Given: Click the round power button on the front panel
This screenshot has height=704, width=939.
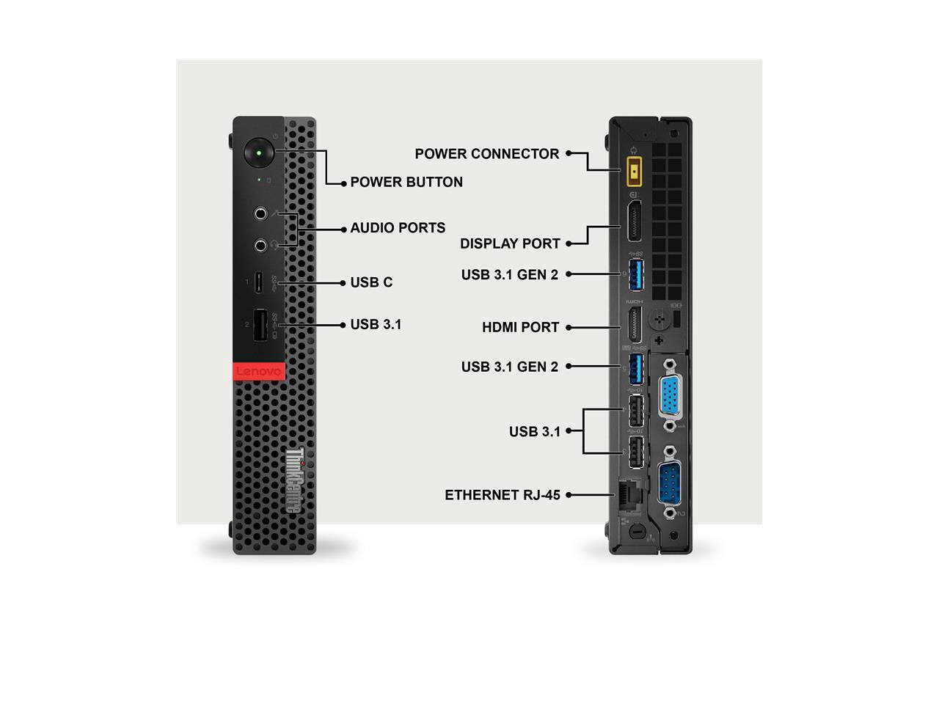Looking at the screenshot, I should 258,153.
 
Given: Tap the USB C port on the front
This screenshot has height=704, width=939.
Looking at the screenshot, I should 259,282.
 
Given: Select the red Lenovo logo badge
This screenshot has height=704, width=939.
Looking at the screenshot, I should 258,372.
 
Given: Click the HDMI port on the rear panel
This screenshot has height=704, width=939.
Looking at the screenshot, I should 633,324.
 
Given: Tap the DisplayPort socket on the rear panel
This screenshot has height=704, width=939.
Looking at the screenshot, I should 633,221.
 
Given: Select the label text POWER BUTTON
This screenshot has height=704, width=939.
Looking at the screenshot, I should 406,183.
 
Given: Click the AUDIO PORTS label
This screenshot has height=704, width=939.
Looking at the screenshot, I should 398,228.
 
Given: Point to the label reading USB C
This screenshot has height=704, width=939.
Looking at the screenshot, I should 371,282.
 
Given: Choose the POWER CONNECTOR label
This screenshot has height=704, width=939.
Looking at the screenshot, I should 487,154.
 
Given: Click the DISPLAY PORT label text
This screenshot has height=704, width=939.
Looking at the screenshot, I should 510,243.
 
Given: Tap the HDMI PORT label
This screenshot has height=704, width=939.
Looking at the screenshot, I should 520,327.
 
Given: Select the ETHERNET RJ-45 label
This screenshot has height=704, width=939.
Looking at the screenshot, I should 503,495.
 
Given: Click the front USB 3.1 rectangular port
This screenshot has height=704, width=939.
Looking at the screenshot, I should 260,326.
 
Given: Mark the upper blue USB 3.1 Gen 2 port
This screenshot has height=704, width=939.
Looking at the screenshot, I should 635,274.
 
